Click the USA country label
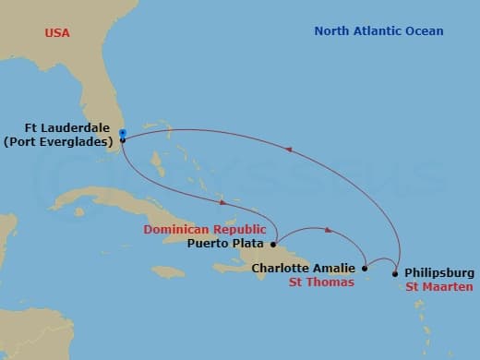point(57,33)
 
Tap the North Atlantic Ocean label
point(378,31)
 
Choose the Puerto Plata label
point(226,244)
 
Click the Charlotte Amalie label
point(304,269)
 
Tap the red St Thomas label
point(321,282)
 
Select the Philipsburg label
point(439,273)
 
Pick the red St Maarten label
point(439,287)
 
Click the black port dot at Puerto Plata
point(273,245)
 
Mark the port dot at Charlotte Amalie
point(364,269)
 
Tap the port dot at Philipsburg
point(395,273)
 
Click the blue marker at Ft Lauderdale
point(122,135)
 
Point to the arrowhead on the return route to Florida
point(292,147)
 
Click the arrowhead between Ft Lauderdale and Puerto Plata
point(222,202)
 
